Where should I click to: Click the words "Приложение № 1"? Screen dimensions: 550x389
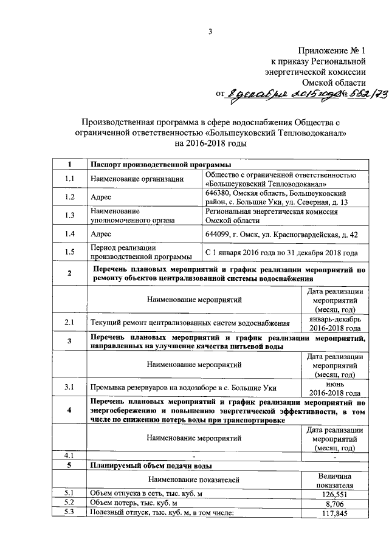[x=332, y=49]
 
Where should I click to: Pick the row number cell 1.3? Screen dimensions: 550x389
[x=69, y=215]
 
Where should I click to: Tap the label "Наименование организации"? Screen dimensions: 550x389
[x=137, y=179]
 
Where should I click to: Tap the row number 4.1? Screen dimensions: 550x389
[x=69, y=455]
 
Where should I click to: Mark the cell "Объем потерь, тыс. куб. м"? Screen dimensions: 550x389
[x=134, y=503]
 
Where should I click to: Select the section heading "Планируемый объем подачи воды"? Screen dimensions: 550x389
[x=151, y=466]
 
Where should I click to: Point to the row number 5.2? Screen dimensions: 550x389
[x=69, y=503]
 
